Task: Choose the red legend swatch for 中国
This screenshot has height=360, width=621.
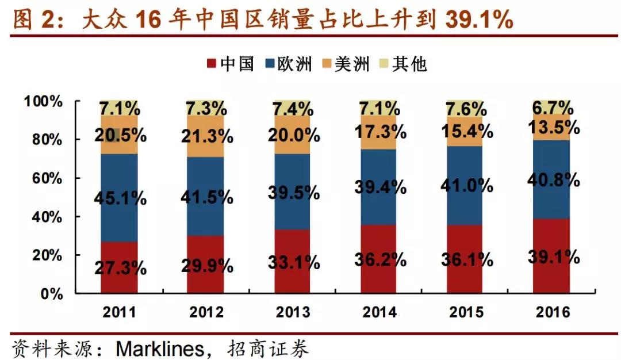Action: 211,64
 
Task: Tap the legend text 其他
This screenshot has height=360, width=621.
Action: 409,64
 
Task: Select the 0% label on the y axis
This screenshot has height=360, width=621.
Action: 52,294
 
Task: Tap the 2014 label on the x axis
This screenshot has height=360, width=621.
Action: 379,312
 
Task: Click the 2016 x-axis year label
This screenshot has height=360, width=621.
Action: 553,312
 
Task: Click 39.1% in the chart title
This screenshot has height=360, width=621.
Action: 479,21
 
